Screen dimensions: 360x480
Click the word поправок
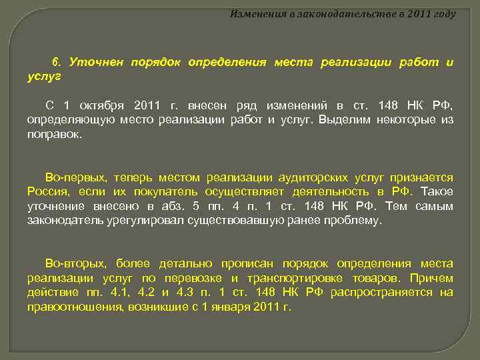(54, 134)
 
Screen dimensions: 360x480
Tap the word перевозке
(193, 278)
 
